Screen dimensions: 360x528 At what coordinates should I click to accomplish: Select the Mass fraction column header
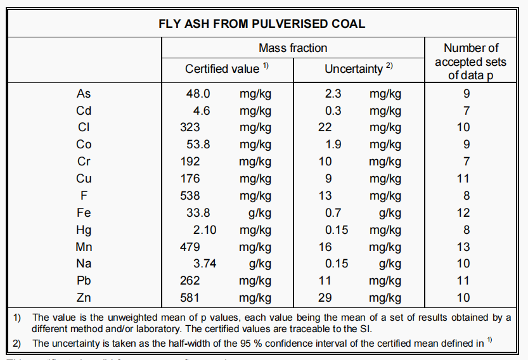tap(293, 48)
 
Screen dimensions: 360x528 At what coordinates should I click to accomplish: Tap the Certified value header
tap(222, 68)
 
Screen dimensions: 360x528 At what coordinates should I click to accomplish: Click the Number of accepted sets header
tap(471, 61)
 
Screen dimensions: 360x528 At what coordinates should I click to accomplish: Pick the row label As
tap(84, 94)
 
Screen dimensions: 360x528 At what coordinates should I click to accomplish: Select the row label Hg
tap(84, 230)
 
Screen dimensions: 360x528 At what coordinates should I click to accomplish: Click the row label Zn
tap(84, 298)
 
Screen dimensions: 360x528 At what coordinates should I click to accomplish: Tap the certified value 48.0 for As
tap(198, 94)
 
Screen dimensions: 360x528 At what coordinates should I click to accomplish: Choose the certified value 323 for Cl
tap(190, 127)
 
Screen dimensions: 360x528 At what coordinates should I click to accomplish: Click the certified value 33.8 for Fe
tap(198, 213)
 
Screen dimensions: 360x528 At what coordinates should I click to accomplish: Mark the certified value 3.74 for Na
tap(205, 264)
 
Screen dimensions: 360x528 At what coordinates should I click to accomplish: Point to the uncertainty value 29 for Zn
tap(325, 298)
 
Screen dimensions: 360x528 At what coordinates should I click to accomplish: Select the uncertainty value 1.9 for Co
tap(333, 145)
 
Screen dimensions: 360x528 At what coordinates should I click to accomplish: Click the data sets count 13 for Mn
tap(463, 247)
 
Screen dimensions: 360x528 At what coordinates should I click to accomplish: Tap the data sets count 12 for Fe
tap(463, 213)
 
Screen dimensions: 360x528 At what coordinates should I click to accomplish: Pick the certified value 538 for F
tap(190, 196)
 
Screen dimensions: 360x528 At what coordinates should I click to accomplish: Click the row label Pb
tap(84, 281)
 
